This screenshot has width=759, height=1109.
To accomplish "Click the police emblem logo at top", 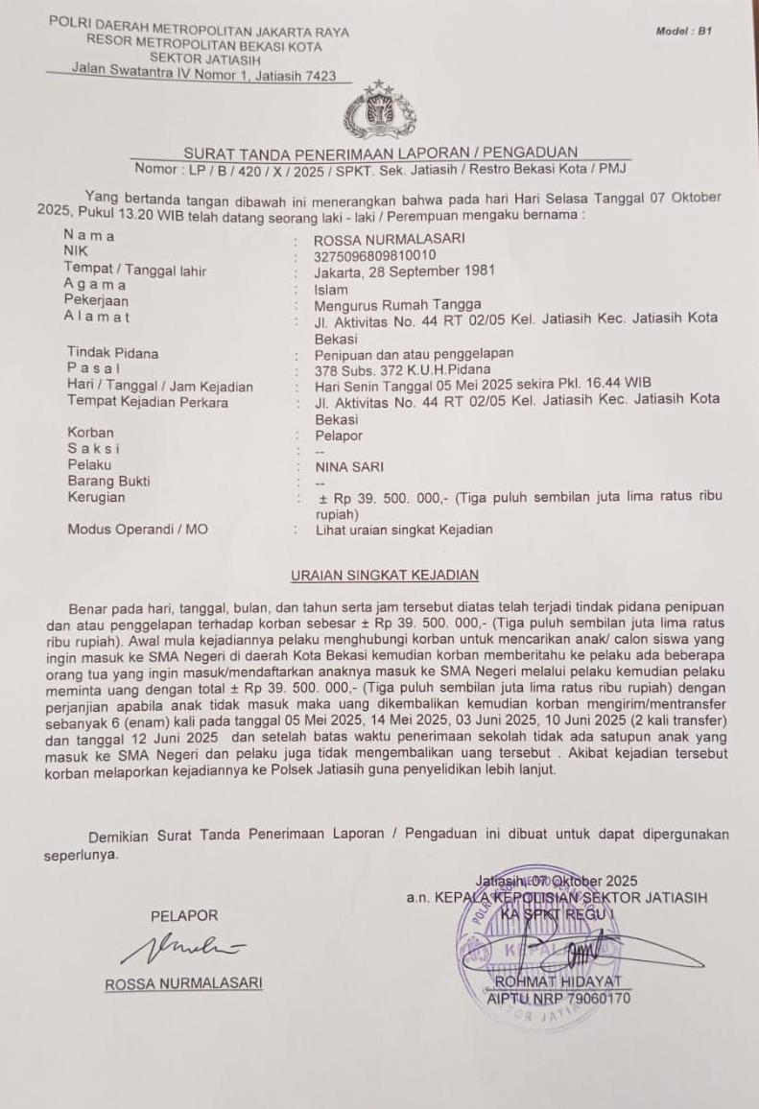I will click(x=380, y=112).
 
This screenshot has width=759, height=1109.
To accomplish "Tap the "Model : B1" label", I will click(x=683, y=32).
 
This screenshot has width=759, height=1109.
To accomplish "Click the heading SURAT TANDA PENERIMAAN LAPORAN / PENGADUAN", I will click(x=381, y=153).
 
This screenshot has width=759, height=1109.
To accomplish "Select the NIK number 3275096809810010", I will click(x=375, y=255).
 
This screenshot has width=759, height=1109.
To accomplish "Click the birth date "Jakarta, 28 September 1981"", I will click(x=404, y=271).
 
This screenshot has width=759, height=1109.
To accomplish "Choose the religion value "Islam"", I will click(x=331, y=289).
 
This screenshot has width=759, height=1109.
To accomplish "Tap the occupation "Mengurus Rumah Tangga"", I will click(x=397, y=305).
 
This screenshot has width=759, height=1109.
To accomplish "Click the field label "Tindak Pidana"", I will click(x=112, y=353).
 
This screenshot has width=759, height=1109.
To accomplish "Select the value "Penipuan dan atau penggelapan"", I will click(x=414, y=353).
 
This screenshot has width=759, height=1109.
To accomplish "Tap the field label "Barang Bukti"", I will click(x=108, y=482).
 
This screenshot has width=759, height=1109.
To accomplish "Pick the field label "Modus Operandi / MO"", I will click(x=137, y=529).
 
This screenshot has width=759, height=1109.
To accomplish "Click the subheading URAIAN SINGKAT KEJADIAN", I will click(x=385, y=575).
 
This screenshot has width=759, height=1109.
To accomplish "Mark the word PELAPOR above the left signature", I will click(x=184, y=915).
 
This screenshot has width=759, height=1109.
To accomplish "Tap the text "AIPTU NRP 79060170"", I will click(x=558, y=999).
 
